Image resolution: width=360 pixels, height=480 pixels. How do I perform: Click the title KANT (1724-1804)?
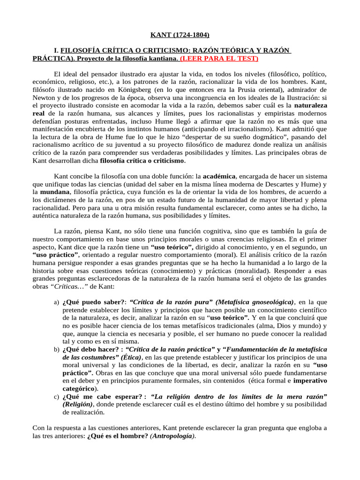tap(180, 35)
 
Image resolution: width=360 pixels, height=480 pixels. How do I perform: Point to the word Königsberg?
tap(129, 90)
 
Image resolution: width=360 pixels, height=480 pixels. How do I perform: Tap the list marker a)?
tap(56, 302)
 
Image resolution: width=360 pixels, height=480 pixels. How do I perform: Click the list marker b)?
tap(56, 350)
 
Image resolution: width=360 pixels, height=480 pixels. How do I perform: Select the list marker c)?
tap(56, 397)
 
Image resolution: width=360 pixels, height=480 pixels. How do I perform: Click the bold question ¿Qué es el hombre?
tap(117, 436)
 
